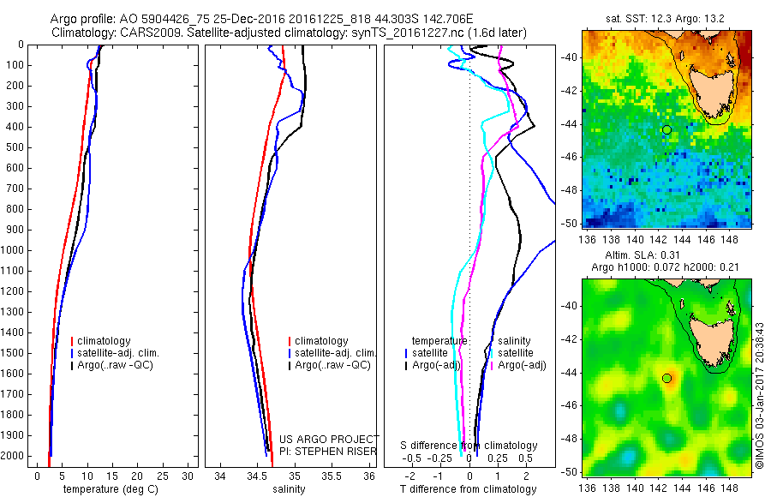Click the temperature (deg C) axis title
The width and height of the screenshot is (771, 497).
click(x=111, y=489)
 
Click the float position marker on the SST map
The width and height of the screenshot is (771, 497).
click(x=666, y=129)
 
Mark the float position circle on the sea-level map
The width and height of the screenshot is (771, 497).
click(x=666, y=378)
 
